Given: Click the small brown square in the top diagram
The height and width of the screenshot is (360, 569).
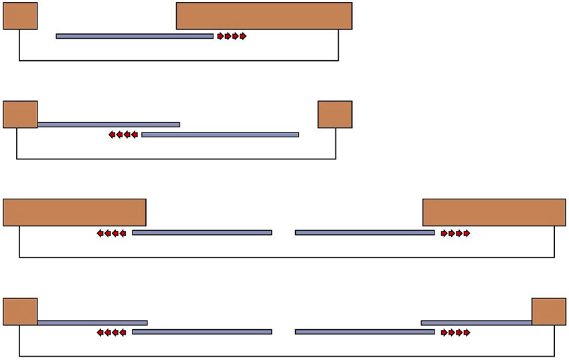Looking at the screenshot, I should click(20, 16).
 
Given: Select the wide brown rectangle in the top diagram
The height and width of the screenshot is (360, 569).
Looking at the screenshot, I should click(264, 16).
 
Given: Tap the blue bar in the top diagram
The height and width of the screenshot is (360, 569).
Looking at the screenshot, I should click(135, 36).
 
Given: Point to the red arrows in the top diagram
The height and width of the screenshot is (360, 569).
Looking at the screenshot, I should click(232, 36).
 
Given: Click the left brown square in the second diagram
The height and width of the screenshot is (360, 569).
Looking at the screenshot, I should click(20, 114).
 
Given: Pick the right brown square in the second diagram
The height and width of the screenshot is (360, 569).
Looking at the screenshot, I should click(335, 114).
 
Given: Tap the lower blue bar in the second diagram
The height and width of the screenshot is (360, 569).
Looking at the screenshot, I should click(220, 134).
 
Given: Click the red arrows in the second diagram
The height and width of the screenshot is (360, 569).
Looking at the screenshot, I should click(123, 134).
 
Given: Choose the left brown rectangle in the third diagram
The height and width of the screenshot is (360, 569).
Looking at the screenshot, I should click(74, 212).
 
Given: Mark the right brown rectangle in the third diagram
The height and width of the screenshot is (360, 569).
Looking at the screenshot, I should click(494, 212).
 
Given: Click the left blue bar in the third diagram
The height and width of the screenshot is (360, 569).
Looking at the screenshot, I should click(201, 233).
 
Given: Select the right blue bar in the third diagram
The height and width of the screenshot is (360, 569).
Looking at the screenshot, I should click(365, 233).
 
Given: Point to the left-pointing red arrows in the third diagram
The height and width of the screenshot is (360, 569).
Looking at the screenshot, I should click(111, 234).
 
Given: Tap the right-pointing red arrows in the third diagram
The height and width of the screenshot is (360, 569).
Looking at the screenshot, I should click(456, 234).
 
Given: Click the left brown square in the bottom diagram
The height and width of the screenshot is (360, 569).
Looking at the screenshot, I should click(20, 312).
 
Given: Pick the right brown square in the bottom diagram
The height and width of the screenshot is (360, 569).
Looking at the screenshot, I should click(549, 312).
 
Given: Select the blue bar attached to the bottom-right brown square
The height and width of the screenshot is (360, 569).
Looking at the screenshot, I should click(477, 323).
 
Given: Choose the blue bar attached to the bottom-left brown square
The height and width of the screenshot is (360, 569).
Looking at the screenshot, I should click(92, 323).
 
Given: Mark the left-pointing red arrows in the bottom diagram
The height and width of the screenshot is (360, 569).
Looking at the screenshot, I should click(111, 332).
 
